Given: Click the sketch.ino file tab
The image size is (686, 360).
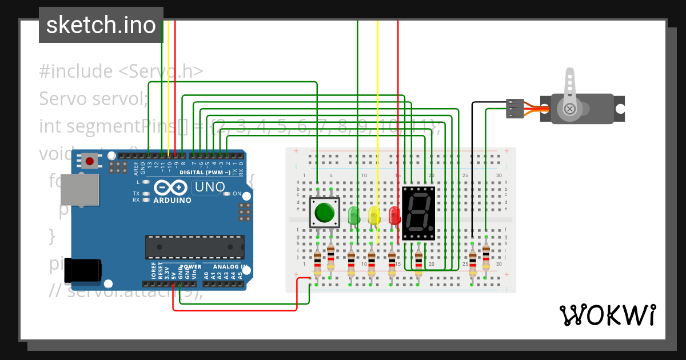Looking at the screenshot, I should [x=101, y=25].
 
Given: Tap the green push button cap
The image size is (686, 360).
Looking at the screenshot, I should [x=325, y=213].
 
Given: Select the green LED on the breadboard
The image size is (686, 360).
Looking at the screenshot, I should [x=353, y=215].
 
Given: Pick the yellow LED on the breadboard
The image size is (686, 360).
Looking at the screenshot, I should [x=374, y=215].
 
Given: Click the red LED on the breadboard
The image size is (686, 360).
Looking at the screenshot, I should [x=394, y=215].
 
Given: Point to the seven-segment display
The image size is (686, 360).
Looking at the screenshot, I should [x=418, y=213].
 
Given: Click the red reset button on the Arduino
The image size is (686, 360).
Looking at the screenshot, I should [x=90, y=161].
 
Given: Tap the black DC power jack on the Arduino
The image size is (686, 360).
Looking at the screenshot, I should [x=82, y=270].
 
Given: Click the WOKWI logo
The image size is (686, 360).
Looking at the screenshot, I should [x=607, y=315].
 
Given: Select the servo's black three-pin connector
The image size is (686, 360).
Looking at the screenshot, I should [x=515, y=109].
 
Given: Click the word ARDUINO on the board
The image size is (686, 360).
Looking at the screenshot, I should [x=173, y=201].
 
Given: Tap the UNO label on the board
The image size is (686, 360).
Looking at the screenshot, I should [x=210, y=187].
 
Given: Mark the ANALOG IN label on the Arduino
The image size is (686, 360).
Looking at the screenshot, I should [x=230, y=267].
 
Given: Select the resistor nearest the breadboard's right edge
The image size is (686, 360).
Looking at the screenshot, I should [x=486, y=258].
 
